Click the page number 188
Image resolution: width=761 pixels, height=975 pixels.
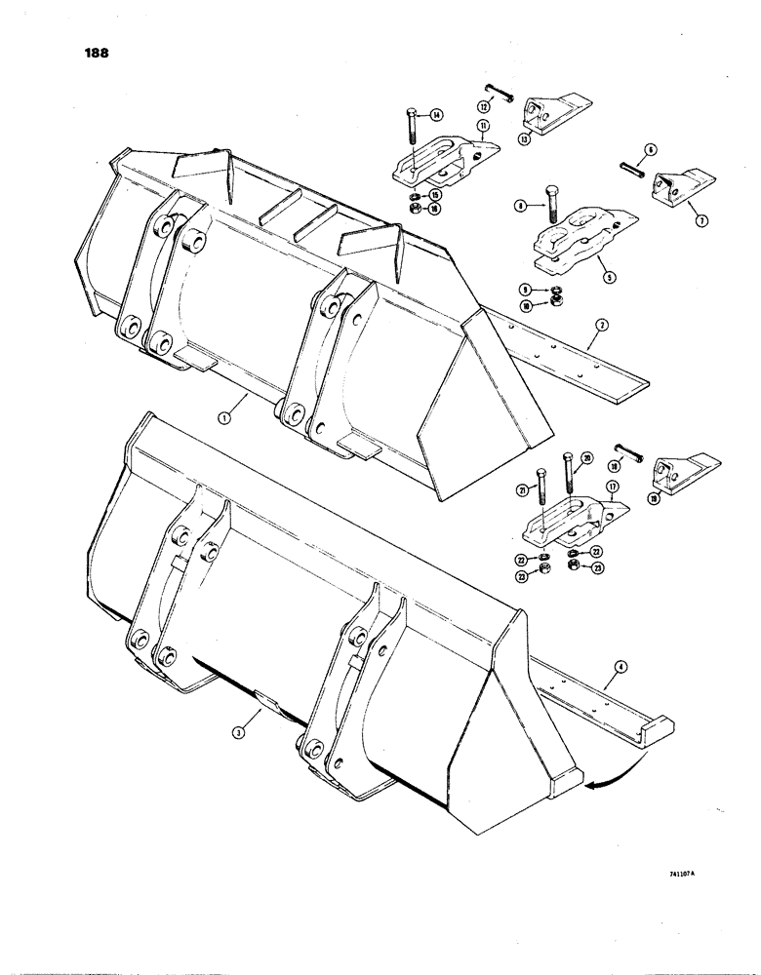pos(97,53)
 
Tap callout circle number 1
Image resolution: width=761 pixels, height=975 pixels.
pos(223,417)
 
